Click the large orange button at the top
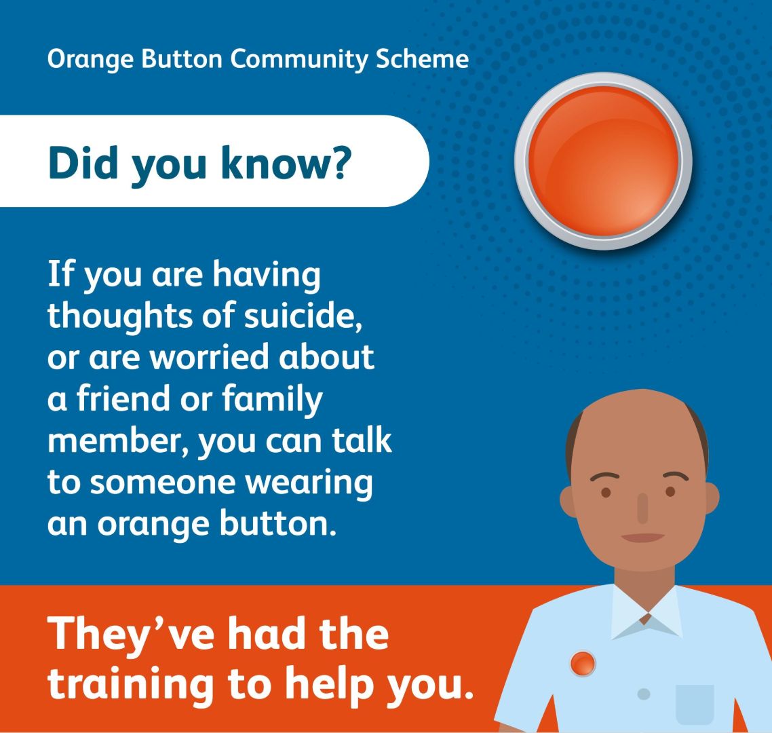point(603,162)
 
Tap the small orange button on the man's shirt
point(583,663)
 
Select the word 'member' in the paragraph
point(117,440)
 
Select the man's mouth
point(642,538)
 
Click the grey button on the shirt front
point(644,694)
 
